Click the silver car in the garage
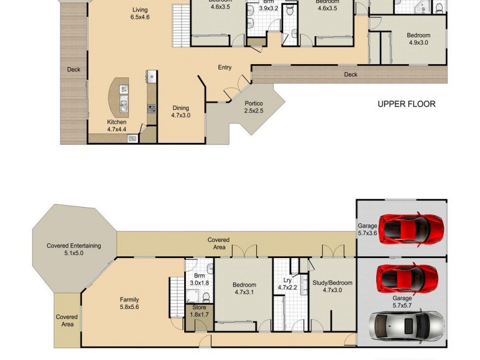pos(407,325)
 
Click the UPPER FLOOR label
pos(406,104)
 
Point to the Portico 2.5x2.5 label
pos(254,107)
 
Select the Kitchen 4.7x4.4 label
pos(116,125)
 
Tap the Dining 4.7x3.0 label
pos(180,112)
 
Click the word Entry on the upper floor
pos(224,68)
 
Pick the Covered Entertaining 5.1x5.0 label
pos(74,249)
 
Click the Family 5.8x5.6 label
pos(129,302)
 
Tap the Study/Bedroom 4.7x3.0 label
pos(332,286)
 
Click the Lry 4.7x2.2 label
pos(287,284)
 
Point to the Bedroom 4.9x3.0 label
pos(419,39)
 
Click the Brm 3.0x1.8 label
pos(199,278)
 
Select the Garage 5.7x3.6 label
pos(368,230)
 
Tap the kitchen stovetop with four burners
pos(152,109)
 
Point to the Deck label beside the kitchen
pos(73,70)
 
